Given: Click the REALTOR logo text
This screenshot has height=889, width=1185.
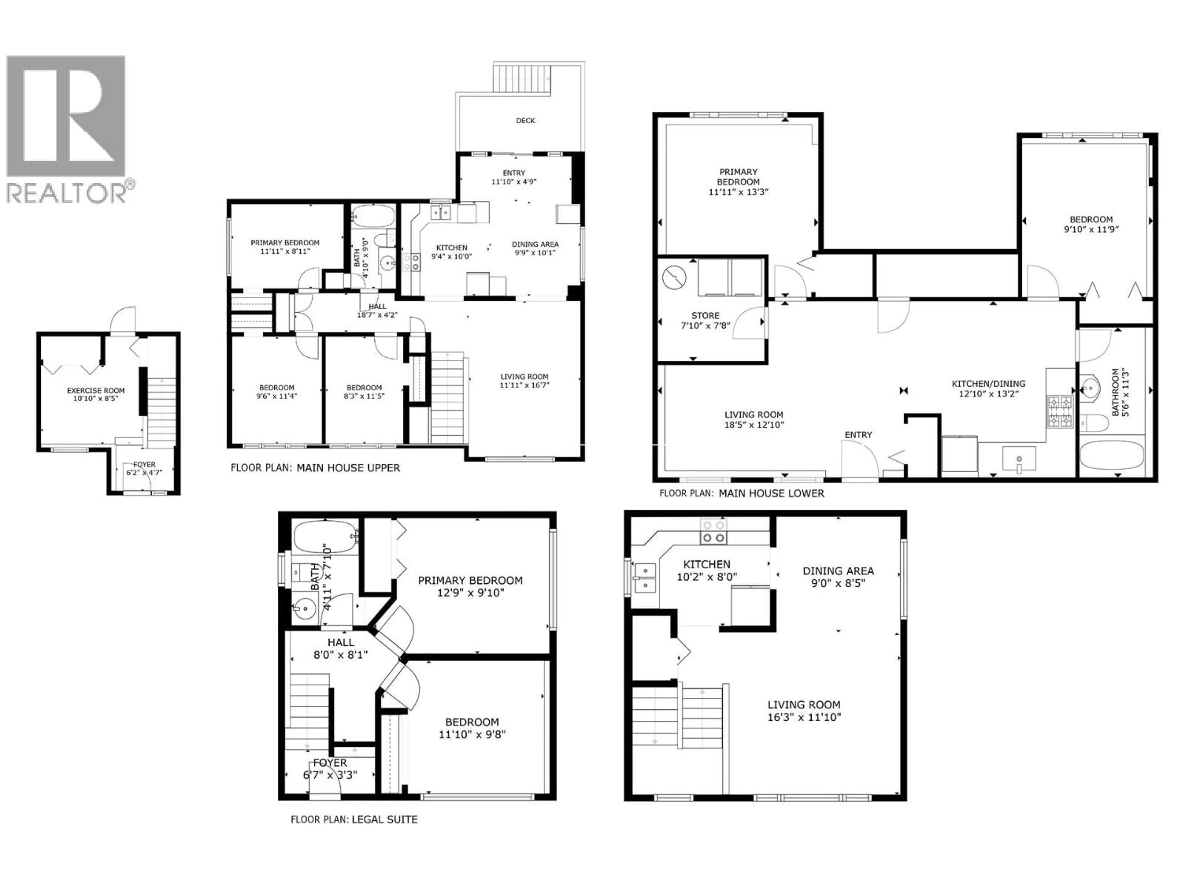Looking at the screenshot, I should click(x=67, y=193).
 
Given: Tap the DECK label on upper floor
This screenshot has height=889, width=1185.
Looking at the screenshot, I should click(x=525, y=121).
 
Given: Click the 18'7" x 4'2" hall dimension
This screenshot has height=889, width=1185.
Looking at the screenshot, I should click(x=377, y=315).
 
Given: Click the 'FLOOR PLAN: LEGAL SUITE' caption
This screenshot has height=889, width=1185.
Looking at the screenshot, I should click(x=354, y=819).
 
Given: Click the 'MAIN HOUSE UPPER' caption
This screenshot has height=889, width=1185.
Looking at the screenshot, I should click(x=348, y=468).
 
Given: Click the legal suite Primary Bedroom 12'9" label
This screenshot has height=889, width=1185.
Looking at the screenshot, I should click(x=470, y=586).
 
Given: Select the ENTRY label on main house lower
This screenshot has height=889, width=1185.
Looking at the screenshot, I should click(x=858, y=435).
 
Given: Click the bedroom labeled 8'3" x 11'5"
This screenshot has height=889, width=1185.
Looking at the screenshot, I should click(x=364, y=392).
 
